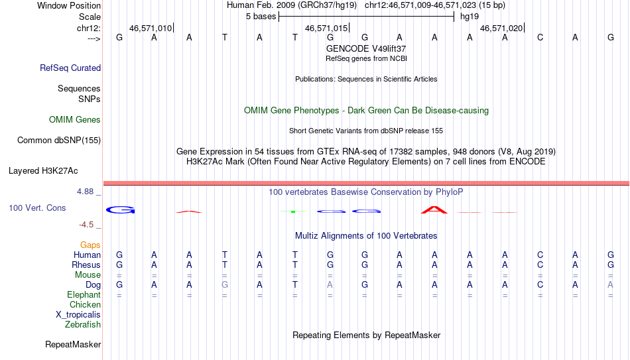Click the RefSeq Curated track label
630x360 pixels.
(70, 68)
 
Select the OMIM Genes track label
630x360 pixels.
(75, 120)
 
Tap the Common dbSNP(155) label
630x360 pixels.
(59, 141)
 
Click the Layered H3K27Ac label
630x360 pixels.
(43, 171)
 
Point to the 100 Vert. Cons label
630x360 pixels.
(37, 208)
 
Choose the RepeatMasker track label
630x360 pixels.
(73, 344)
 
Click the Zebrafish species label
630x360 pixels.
(83, 324)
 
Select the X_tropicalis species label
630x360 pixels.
(78, 315)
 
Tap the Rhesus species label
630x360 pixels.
(86, 265)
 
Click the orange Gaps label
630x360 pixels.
(90, 245)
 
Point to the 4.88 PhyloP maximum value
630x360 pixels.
(86, 191)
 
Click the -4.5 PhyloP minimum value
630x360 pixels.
(86, 225)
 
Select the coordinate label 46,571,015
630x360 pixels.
(326, 28)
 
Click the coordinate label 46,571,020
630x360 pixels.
(501, 28)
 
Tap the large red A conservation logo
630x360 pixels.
(434, 210)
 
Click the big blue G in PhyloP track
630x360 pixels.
(121, 210)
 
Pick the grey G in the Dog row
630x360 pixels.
(225, 285)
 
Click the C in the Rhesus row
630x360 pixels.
(540, 265)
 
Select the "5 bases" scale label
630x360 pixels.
(261, 17)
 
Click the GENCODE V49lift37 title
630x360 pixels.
(366, 48)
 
